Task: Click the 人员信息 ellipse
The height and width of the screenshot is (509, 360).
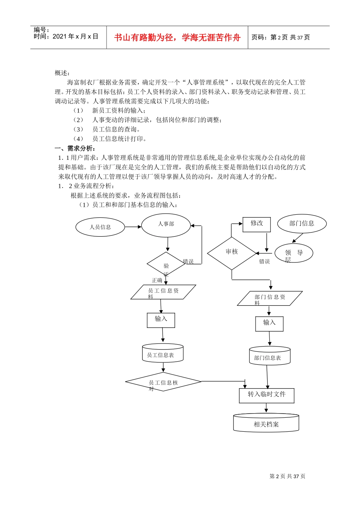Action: (x=100, y=227)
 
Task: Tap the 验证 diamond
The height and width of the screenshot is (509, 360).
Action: (x=166, y=264)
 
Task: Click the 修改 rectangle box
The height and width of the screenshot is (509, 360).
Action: (x=257, y=224)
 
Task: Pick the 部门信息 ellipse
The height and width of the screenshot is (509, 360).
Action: (x=302, y=223)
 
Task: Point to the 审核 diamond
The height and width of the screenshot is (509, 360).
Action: (x=232, y=253)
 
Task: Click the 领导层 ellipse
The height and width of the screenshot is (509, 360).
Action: (x=294, y=253)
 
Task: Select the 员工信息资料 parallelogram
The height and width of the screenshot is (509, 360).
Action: (x=163, y=292)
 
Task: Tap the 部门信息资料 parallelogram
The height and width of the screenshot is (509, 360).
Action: (x=270, y=298)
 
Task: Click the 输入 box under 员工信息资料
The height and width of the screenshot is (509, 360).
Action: (x=161, y=320)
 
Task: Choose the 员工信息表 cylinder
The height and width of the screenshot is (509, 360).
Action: (x=163, y=353)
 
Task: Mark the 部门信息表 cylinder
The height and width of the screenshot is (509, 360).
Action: (x=269, y=356)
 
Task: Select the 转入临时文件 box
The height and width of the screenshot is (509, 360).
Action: (x=266, y=395)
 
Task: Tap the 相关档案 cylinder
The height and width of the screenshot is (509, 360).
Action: (x=266, y=423)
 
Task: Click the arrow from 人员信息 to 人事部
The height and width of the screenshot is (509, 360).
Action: (x=133, y=227)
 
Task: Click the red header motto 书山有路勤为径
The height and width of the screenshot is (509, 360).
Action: (x=177, y=37)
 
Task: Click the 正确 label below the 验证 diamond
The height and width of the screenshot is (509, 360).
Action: (x=157, y=280)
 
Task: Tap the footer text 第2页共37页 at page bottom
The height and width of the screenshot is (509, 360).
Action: (x=287, y=476)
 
